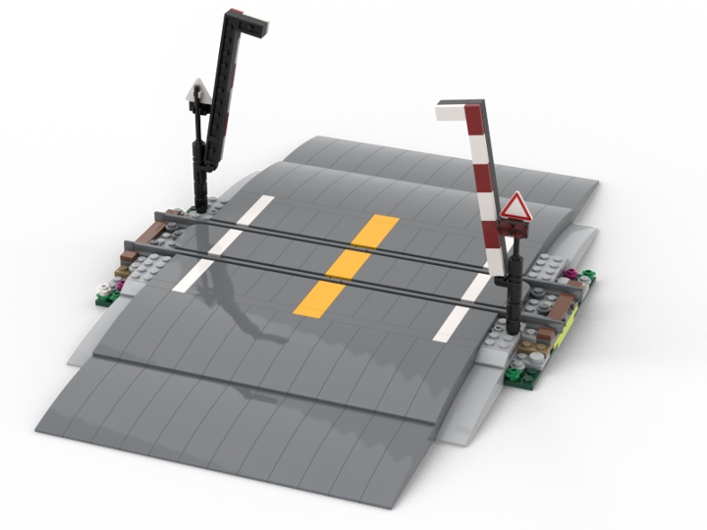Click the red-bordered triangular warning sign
click(x=515, y=207)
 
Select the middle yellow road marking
click(x=349, y=263)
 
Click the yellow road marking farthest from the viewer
click(x=376, y=231)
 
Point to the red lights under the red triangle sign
click(x=514, y=229)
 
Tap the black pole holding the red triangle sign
click(x=514, y=285)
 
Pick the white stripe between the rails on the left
click(x=224, y=241)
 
